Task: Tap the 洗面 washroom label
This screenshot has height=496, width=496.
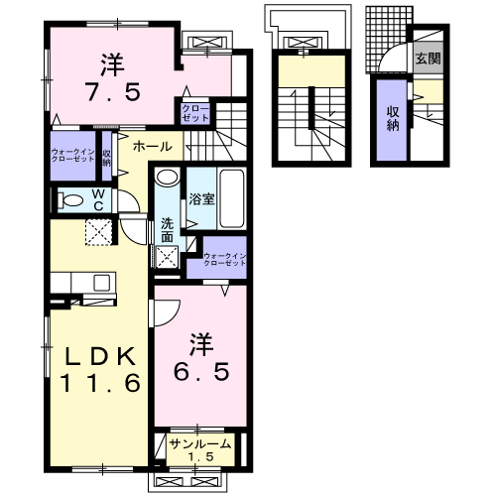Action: [167, 230]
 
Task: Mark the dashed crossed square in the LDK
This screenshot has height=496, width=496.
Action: [96, 234]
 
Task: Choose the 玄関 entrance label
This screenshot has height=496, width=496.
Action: [428, 59]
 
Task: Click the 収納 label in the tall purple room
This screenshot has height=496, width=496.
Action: [392, 119]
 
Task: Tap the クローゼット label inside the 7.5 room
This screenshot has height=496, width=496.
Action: [194, 111]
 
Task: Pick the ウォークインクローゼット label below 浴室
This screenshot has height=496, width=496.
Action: [223, 261]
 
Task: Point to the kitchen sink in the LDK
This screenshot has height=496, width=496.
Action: [102, 284]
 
